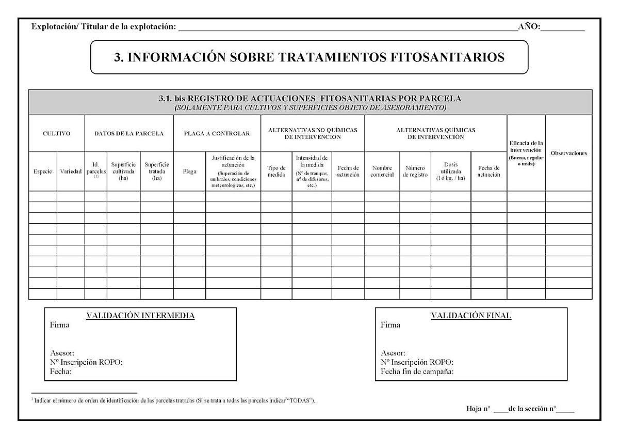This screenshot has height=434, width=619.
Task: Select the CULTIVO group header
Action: click(56, 133)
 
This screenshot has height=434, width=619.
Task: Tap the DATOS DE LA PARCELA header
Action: click(129, 133)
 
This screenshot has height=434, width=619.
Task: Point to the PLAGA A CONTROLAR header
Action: click(217, 133)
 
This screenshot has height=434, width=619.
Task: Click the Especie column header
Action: click(42, 172)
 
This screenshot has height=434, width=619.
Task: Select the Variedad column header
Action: click(71, 172)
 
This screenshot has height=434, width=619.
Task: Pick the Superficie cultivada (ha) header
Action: click(124, 171)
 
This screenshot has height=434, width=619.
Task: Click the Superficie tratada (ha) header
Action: click(157, 171)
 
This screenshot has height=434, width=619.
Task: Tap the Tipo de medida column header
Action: click(276, 171)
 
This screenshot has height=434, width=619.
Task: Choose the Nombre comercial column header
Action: click(382, 171)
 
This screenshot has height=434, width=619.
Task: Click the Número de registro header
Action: click(415, 171)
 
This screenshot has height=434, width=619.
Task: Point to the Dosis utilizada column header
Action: click(451, 171)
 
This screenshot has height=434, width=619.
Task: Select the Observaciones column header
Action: click(568, 153)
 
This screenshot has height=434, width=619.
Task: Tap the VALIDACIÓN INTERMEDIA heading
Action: click(140, 316)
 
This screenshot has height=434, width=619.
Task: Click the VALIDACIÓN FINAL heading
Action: click(471, 316)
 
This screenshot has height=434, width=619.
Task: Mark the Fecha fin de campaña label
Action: click(417, 371)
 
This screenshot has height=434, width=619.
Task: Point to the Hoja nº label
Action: click(478, 409)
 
